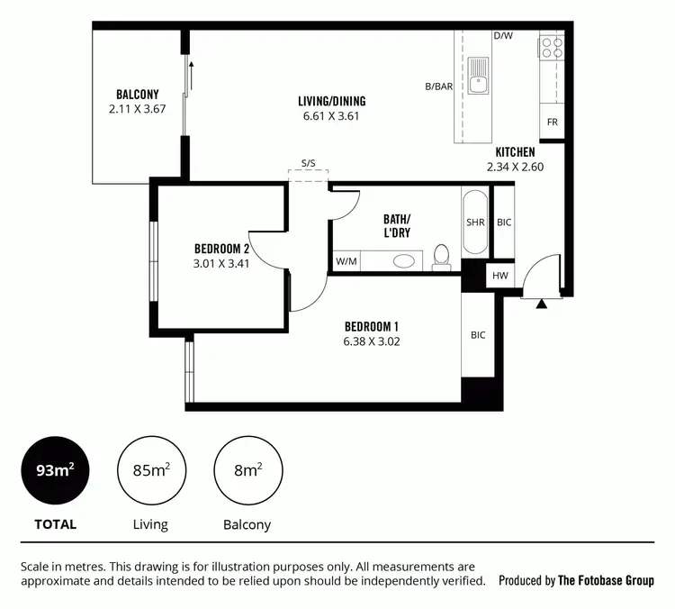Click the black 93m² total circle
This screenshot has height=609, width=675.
(55, 470)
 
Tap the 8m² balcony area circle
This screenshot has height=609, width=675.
(247, 470)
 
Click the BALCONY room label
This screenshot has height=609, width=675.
(137, 94)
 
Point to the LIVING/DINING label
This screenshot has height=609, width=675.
(332, 101)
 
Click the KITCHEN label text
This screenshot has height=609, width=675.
(515, 152)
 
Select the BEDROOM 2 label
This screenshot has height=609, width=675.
(221, 250)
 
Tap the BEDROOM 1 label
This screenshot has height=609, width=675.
(371, 326)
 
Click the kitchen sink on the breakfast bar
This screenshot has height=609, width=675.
(478, 77)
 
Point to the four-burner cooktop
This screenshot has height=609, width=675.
(551, 47)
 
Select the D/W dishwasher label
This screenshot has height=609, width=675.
(502, 37)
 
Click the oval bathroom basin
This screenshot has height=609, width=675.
(405, 261)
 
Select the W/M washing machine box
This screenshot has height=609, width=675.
(346, 261)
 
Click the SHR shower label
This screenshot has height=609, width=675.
(474, 222)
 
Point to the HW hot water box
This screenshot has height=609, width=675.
(499, 277)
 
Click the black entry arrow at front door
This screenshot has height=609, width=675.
(541, 304)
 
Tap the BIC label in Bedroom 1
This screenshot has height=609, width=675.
(477, 335)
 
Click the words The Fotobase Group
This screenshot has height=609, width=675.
(606, 581)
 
